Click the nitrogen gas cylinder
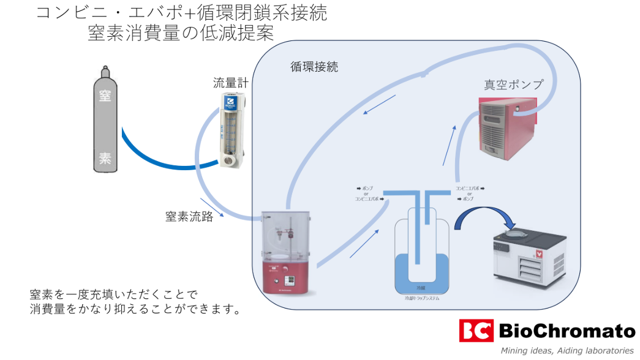(x=105, y=122)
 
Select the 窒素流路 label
(x=189, y=216)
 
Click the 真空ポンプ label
(x=513, y=84)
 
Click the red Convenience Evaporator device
(x=285, y=253)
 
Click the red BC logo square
(x=476, y=331)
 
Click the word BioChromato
(x=567, y=331)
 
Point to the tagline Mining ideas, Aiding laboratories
(x=567, y=351)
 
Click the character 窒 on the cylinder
(x=105, y=96)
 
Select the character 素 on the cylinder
(x=105, y=159)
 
